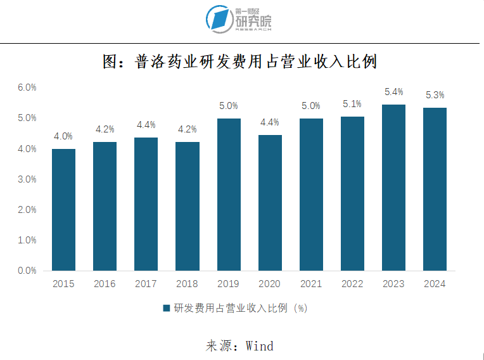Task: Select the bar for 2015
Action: point(63,210)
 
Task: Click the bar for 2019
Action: point(228,195)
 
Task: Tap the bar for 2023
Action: point(393,188)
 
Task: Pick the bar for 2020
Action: point(269,203)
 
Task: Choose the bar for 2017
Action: point(146,204)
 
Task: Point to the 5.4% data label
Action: point(393,93)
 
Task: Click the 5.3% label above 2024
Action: point(435,96)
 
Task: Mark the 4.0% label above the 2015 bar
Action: point(63,136)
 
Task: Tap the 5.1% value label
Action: point(352,104)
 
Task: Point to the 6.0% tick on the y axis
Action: point(27,87)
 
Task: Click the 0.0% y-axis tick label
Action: point(27,271)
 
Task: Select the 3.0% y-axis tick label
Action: point(27,179)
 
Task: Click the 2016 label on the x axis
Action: point(105,284)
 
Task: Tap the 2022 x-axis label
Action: point(352,284)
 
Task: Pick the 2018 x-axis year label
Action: point(187,284)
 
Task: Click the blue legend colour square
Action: point(167,309)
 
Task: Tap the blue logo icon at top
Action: point(219,19)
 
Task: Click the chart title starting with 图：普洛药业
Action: point(241,61)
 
